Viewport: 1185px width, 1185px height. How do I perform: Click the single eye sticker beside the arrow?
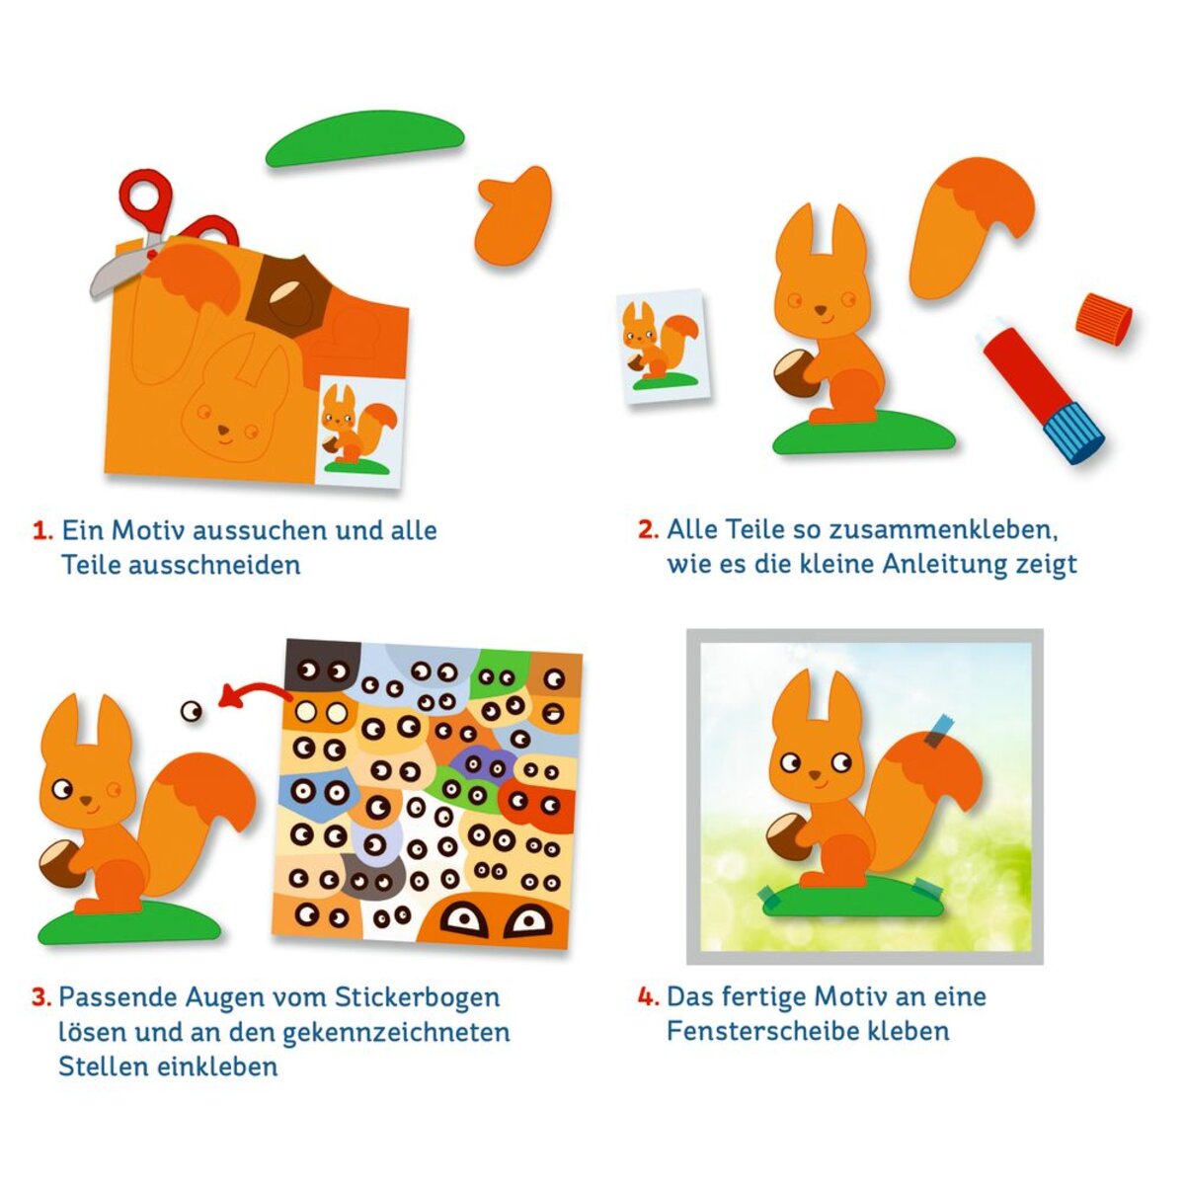[192, 711]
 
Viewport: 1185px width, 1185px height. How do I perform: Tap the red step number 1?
[43, 530]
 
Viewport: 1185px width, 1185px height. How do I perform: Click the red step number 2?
[648, 529]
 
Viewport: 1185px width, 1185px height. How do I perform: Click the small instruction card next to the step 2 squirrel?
[664, 348]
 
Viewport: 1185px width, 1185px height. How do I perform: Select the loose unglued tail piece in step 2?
[972, 227]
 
